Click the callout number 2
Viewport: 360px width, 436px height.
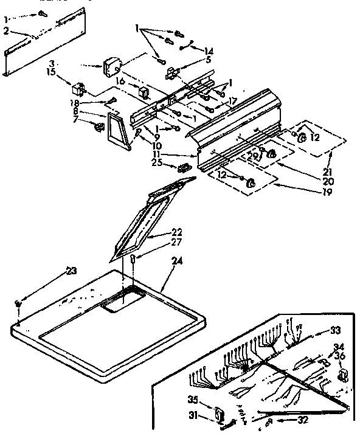(x=5, y=30)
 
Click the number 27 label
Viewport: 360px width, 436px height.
(x=176, y=243)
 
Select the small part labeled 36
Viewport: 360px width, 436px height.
(x=342, y=374)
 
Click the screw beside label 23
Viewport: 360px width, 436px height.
(x=19, y=302)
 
